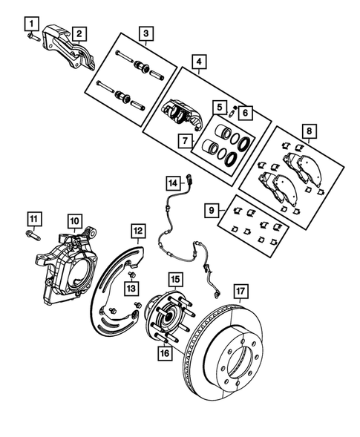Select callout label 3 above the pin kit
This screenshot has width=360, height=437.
(146, 33)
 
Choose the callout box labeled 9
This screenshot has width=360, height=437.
(212, 211)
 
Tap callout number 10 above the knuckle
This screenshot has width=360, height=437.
(74, 220)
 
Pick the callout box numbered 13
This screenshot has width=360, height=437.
(131, 288)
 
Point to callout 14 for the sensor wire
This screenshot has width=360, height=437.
(172, 182)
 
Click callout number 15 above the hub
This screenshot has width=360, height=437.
(174, 280)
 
